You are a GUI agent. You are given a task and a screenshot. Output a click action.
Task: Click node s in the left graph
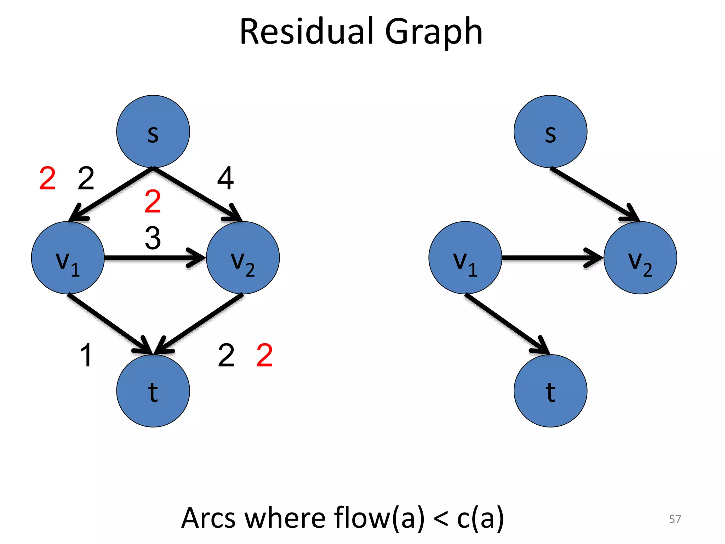pos(153,131)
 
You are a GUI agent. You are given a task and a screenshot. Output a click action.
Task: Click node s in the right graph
pos(550,131)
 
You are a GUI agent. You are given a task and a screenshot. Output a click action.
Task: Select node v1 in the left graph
pos(68,258)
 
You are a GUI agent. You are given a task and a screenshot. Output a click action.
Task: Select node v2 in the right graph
pos(640,258)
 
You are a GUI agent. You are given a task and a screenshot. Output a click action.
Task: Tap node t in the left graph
pos(153,391)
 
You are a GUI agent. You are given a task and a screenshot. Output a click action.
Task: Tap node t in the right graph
pos(550,391)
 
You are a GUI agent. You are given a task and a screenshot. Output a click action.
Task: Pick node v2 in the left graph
pos(243,258)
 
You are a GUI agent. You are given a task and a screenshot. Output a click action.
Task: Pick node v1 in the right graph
pos(465,258)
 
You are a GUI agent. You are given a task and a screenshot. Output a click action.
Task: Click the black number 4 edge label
pos(226,178)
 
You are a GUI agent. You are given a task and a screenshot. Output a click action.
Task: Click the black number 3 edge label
pos(153,238)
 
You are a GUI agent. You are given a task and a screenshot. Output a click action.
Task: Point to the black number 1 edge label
pos(86,355)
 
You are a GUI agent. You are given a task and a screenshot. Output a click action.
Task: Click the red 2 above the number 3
pos(153,201)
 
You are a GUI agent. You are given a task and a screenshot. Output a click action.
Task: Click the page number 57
pos(675,519)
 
